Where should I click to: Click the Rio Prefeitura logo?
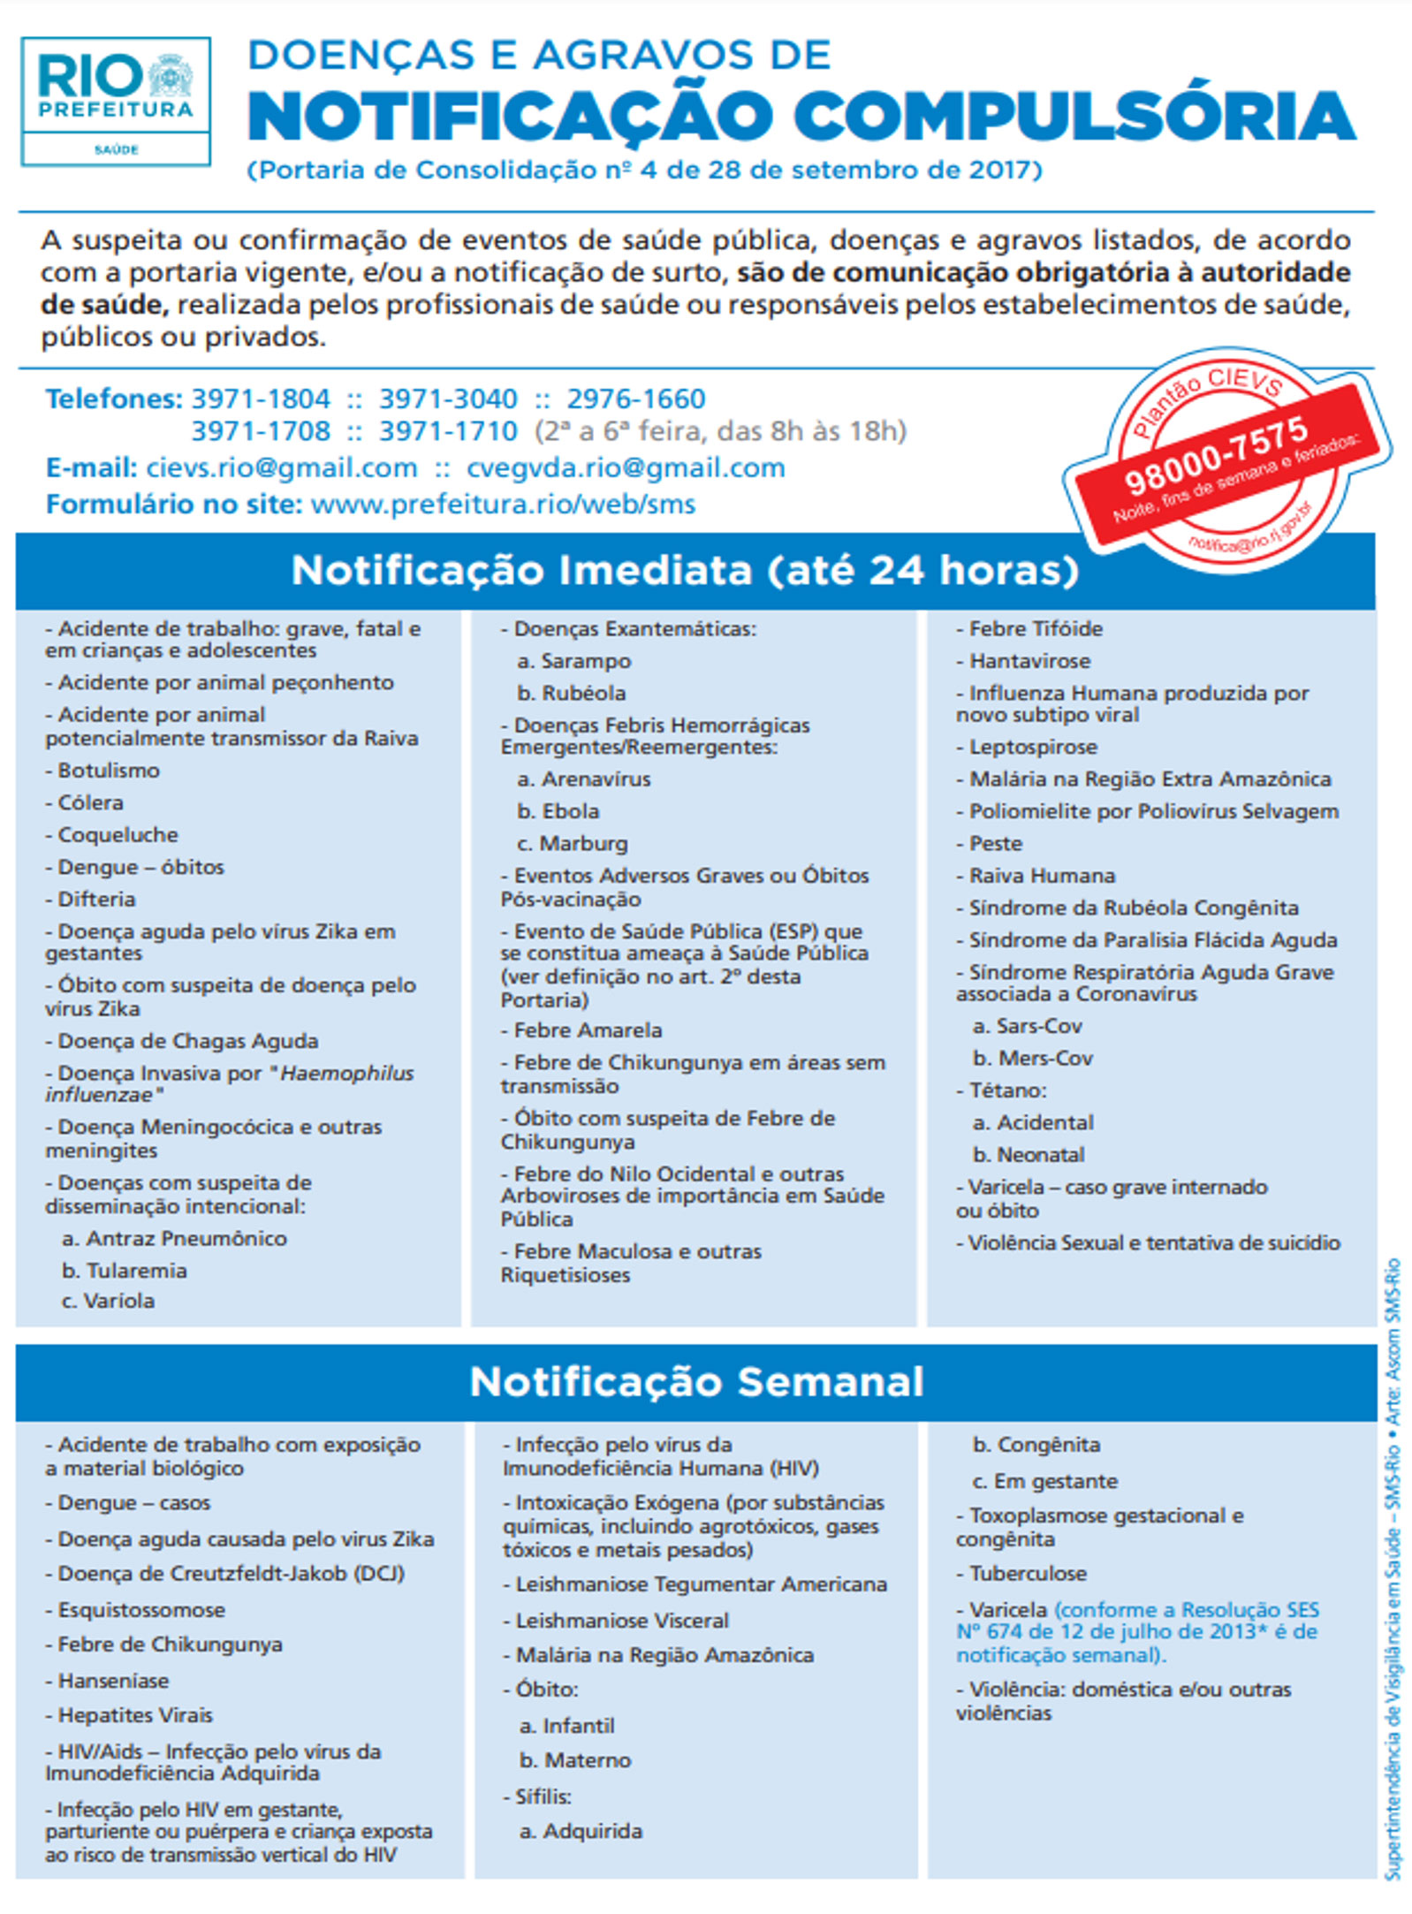116,100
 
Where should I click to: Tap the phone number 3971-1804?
261,399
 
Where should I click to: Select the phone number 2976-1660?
636,399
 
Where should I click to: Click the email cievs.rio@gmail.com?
281,467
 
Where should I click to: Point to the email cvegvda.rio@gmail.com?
626,467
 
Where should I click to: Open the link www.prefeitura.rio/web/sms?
504,504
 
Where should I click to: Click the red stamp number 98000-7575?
1216,456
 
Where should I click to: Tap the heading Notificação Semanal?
696,1381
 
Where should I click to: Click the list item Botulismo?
108,771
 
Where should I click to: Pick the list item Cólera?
90,802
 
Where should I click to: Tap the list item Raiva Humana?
1042,876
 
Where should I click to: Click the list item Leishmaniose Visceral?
622,1621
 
